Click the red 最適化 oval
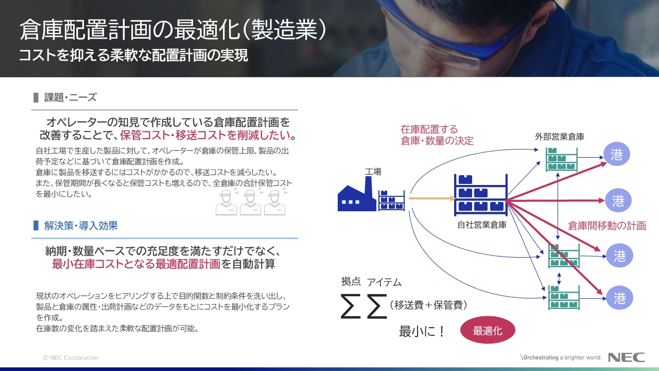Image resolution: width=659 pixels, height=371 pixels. click(488, 330)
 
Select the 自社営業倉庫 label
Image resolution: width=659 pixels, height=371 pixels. click(482, 225)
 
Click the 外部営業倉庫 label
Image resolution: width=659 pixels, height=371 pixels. click(560, 137)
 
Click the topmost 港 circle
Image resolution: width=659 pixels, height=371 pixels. click(617, 154)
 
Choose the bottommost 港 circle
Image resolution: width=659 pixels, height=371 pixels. click(619, 298)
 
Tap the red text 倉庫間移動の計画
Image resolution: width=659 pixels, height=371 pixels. click(606, 226)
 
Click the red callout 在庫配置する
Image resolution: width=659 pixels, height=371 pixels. click(429, 129)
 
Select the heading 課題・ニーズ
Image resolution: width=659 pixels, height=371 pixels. click(71, 97)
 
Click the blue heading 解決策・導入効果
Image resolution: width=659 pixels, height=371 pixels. click(81, 226)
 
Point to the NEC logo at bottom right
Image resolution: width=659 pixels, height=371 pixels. click(626, 358)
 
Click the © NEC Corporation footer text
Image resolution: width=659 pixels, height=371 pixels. click(71, 358)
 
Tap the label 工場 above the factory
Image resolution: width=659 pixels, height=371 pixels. click(373, 172)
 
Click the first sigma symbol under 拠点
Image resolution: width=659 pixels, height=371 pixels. click(351, 306)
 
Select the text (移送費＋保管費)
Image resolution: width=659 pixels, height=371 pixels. click(428, 305)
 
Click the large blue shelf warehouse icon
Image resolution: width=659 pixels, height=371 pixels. click(481, 195)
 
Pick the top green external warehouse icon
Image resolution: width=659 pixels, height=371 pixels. click(561, 159)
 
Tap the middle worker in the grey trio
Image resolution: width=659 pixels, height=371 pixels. click(250, 203)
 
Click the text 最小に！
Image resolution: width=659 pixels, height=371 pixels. click(422, 331)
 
